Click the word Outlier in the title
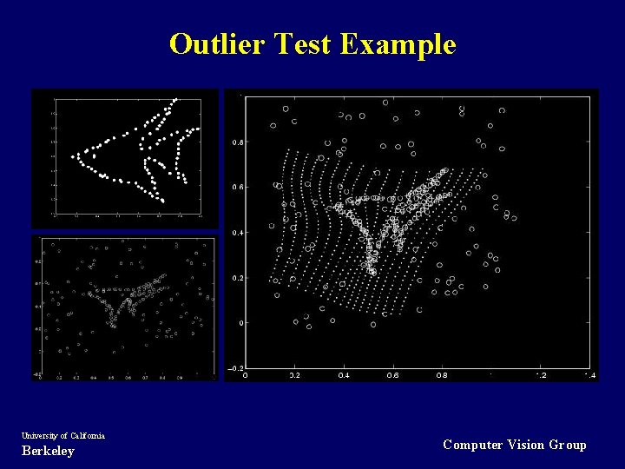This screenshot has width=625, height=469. point(217,43)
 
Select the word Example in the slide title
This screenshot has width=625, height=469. point(398,43)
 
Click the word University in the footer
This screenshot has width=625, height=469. point(40,435)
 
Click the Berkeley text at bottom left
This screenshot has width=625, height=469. point(48,451)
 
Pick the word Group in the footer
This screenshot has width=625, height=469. point(568,445)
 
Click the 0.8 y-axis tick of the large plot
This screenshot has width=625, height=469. point(237,142)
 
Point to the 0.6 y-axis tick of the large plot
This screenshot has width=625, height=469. point(237,187)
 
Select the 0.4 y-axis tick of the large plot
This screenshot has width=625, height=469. point(237,233)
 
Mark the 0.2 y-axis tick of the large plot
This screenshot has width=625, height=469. point(237,278)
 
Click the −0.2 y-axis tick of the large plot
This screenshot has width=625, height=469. point(235,368)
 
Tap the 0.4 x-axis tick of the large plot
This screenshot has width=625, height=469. point(344,376)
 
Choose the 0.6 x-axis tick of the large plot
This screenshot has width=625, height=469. point(393,376)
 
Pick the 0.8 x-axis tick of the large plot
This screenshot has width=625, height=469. point(442,376)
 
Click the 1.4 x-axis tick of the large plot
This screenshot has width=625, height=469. point(589,376)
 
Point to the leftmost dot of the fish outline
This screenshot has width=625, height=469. point(73,157)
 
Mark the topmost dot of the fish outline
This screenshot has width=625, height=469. point(176,98)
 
